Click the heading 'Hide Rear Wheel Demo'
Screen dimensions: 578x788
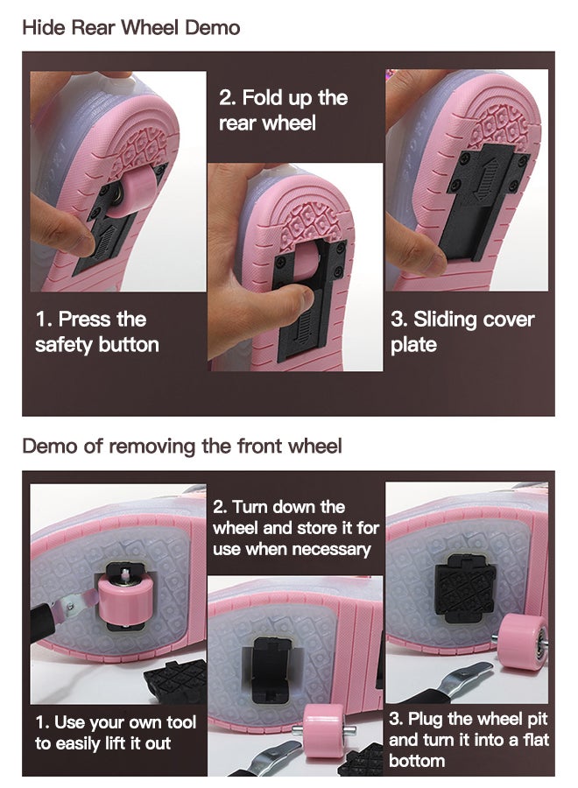pos(130,27)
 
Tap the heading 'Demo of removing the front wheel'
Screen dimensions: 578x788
pos(182,447)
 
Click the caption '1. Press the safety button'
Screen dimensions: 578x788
pos(97,332)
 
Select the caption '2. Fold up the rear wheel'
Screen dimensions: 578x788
pos(283,110)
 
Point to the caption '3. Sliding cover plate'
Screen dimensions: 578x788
pos(462,332)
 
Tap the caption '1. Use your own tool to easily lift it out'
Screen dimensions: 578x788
pos(115,733)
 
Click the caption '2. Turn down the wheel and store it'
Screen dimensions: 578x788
pos(295,528)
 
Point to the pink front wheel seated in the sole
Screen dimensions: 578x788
pos(121,599)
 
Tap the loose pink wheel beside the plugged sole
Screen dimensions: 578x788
pos(522,641)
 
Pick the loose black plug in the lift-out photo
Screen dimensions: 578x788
pos(176,681)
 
